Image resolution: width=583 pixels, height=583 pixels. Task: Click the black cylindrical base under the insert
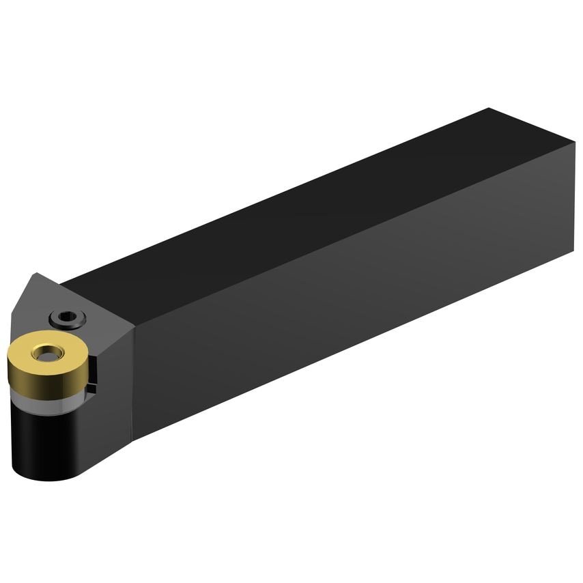click(41, 437)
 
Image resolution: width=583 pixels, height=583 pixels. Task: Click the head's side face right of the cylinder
click(109, 423)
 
